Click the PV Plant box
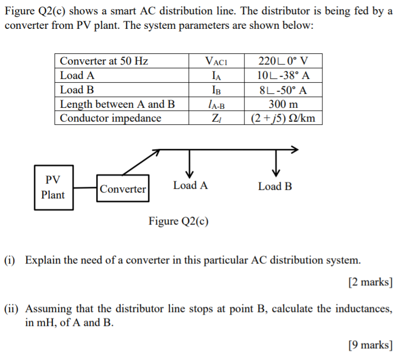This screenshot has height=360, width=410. coord(52,187)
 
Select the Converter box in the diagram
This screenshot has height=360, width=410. coord(123,189)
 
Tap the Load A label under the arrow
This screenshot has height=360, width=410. coord(190,186)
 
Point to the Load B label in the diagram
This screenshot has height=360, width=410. coord(275,186)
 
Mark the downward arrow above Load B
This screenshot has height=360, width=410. coord(276,162)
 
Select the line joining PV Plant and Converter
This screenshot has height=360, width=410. coord(85,188)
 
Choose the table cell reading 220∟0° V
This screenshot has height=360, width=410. coord(283,61)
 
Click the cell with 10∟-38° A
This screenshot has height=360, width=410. coord(283,75)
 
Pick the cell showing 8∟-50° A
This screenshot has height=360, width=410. coord(283,90)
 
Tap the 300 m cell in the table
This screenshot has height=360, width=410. coord(283,104)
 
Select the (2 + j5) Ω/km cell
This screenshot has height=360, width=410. coord(283,118)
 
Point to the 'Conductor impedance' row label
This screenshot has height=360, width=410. coord(111,118)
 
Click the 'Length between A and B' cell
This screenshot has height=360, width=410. coord(117,104)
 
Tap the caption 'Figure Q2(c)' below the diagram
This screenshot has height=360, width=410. coord(178,221)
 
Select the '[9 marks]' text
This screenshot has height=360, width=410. coord(370,345)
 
